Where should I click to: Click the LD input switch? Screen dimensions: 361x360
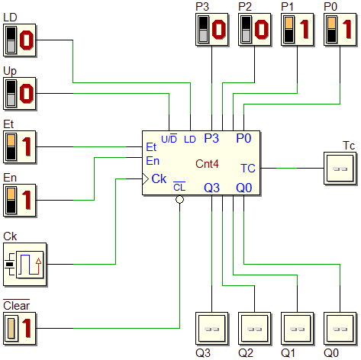[x=20, y=40]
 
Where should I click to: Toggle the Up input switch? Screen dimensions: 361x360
[x=20, y=94]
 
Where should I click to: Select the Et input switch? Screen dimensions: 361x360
[x=20, y=147]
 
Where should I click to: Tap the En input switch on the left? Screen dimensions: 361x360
[x=20, y=201]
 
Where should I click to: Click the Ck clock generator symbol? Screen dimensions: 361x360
[x=25, y=265]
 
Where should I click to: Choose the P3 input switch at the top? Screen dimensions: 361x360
[x=212, y=30]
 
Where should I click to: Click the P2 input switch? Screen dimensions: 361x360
[x=255, y=30]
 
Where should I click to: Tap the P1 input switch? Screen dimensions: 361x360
[x=298, y=30]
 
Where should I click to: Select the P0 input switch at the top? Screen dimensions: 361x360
[x=340, y=30]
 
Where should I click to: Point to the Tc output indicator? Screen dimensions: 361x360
[x=340, y=169]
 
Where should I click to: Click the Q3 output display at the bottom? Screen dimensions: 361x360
[x=212, y=329]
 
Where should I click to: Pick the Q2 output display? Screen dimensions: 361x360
[x=255, y=329]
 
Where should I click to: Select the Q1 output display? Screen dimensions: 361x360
[x=298, y=329]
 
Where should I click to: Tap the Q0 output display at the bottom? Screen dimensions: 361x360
[x=340, y=329]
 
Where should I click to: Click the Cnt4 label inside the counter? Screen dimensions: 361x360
[x=207, y=164]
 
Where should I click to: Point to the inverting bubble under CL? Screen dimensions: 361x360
[x=179, y=200]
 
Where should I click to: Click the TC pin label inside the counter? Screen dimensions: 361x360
[x=248, y=169]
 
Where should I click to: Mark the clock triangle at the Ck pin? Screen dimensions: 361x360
[x=145, y=179]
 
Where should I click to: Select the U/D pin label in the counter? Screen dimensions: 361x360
[x=169, y=139]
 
